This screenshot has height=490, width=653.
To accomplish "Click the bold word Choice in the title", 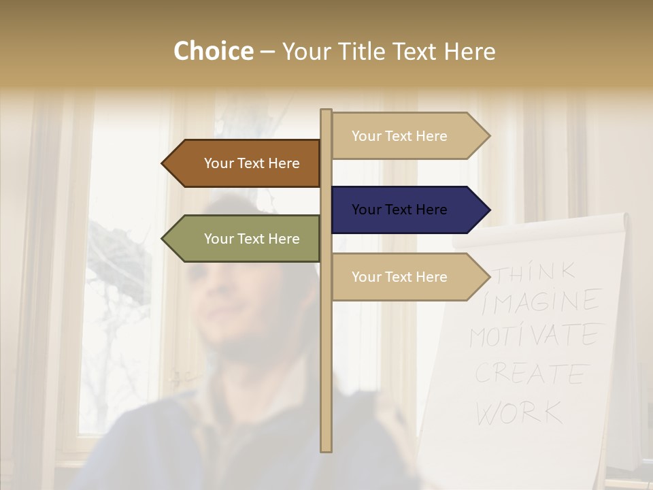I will click(x=213, y=52).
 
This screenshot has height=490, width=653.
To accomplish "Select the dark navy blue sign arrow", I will click(x=408, y=210).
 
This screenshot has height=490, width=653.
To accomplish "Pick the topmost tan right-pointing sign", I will click(x=408, y=136).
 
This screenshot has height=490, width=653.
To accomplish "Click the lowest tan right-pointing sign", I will click(x=408, y=277).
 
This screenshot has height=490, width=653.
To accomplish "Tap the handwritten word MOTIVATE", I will click(x=534, y=336).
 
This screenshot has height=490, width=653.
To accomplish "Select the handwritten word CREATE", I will click(x=531, y=374).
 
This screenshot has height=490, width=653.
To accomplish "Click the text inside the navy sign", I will click(x=399, y=210).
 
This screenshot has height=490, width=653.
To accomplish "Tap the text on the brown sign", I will click(x=252, y=163).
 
